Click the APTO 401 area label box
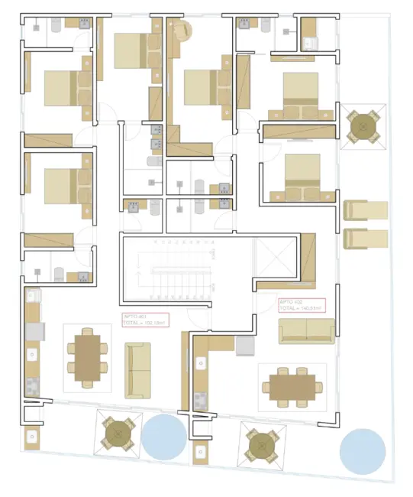[x=146, y=320]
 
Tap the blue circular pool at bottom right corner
[x=362, y=450]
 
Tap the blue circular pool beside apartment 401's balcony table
[x=163, y=437]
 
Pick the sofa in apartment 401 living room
[x=138, y=370]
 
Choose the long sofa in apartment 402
[x=306, y=330]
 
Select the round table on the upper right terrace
[x=363, y=126]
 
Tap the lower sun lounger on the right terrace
[x=366, y=239]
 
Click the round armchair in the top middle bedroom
[x=182, y=31]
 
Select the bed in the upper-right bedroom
[x=300, y=92]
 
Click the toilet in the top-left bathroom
[x=56, y=24]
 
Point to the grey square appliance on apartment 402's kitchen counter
[x=244, y=346]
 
